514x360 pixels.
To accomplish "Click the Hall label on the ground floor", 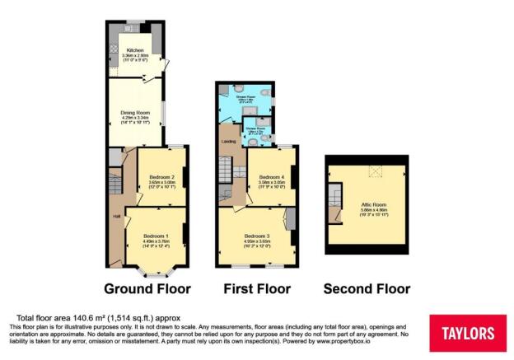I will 116,217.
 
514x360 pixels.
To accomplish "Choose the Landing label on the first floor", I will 229,142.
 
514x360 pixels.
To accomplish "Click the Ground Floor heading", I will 147,289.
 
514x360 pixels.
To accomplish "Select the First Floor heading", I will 258,289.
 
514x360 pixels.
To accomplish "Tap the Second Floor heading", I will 367,289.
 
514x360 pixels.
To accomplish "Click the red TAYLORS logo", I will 468,332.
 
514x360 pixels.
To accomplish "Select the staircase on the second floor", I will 334,202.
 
